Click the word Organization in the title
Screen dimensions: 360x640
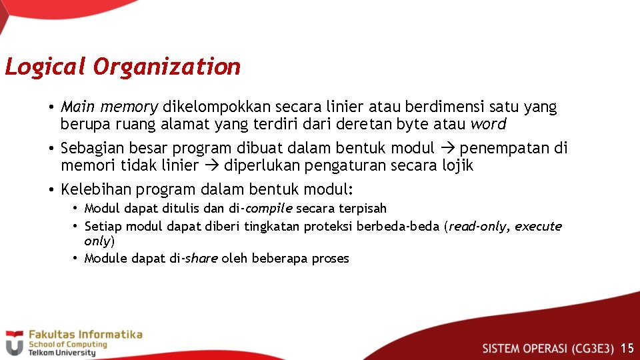pyautogui.click(x=167, y=67)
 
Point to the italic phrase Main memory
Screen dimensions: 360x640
pyautogui.click(x=109, y=107)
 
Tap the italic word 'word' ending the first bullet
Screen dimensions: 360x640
pyautogui.click(x=488, y=124)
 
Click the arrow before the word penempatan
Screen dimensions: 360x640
pyautogui.click(x=447, y=148)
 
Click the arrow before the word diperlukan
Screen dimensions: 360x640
pyautogui.click(x=212, y=165)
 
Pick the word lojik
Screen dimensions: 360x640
pyautogui.click(x=457, y=165)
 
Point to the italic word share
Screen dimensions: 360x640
pyautogui.click(x=201, y=259)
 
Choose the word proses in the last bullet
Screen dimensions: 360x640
pyautogui.click(x=331, y=259)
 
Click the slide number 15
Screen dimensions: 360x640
pyautogui.click(x=627, y=348)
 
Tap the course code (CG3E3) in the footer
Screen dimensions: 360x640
pyautogui.click(x=591, y=348)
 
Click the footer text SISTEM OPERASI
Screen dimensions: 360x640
pyautogui.click(x=525, y=348)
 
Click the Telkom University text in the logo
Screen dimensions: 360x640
pyautogui.click(x=61, y=353)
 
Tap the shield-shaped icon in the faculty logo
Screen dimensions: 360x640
pyautogui.click(x=14, y=343)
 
